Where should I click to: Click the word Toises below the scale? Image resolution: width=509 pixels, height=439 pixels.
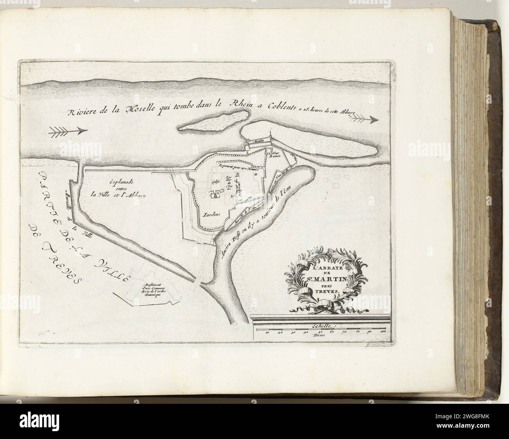coord(319,335)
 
